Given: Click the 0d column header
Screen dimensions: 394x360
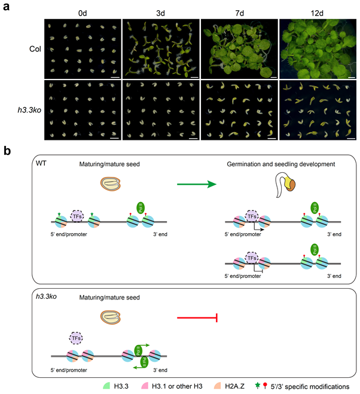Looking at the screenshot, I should [82, 11].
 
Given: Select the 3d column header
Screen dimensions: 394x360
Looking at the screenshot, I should [160, 11].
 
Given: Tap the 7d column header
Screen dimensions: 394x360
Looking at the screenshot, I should [239, 11].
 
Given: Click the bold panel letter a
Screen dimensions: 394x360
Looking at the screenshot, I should [7, 7].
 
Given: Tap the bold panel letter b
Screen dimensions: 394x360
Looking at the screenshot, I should [7, 152].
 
